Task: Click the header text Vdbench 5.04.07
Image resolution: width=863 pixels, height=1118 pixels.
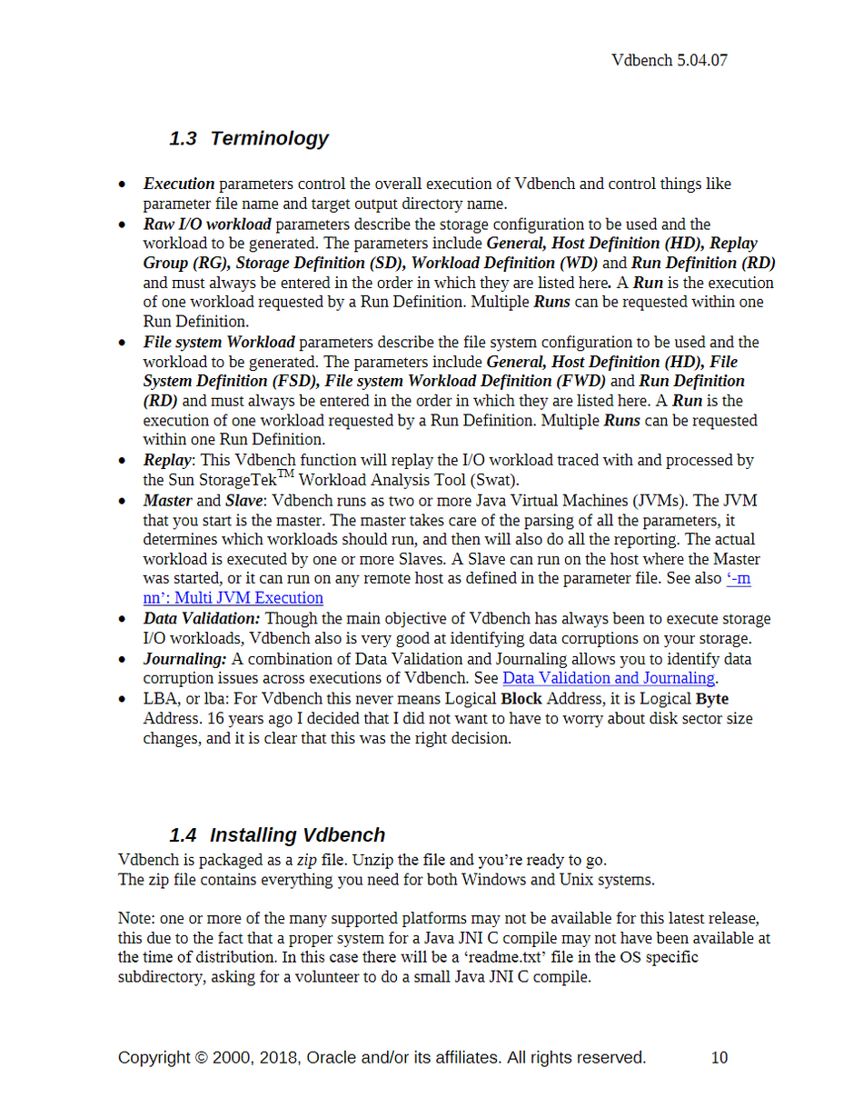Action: tap(670, 61)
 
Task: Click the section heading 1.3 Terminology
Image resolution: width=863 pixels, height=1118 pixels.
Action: tap(248, 139)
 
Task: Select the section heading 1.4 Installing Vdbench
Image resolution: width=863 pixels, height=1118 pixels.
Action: tap(277, 835)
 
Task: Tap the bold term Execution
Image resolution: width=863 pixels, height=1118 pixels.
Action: tap(179, 185)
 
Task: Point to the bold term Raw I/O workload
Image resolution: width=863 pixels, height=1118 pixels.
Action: tap(207, 225)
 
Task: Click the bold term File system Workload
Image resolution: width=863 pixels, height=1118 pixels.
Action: tap(219, 343)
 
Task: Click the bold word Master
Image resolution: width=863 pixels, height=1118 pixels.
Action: tap(168, 501)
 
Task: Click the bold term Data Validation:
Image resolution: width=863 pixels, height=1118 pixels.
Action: tap(202, 619)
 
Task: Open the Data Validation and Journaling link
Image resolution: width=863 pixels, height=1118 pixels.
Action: tap(609, 678)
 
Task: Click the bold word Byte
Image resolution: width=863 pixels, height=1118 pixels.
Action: tap(712, 699)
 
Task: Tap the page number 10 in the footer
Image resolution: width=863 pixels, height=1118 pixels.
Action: tap(719, 1058)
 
